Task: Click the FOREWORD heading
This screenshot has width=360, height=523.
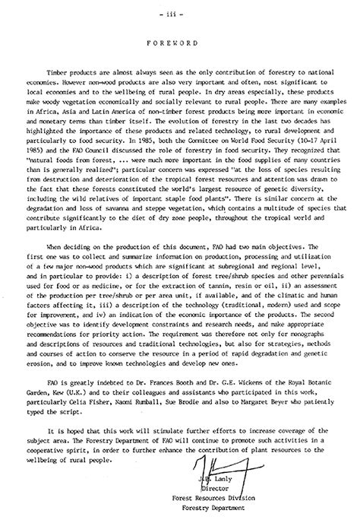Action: pos(181,43)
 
